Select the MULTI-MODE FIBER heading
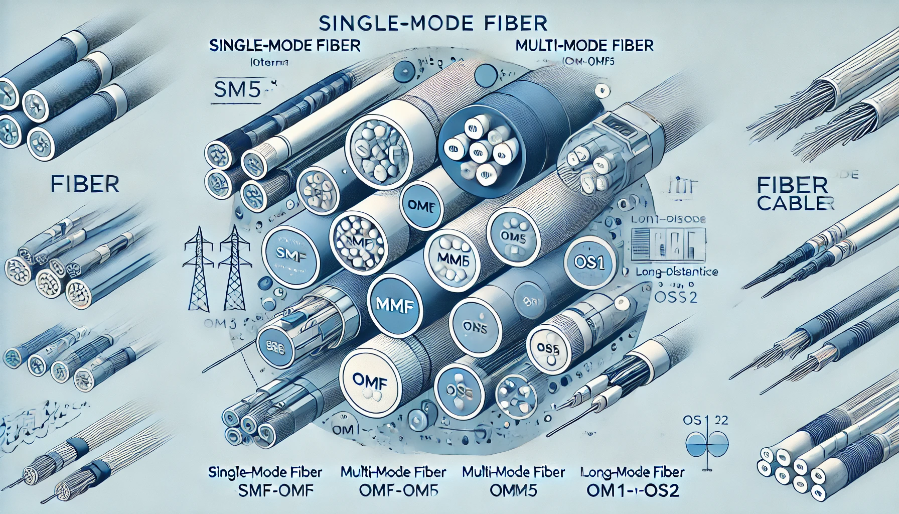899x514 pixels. click(x=584, y=46)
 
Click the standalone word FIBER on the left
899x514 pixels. click(x=85, y=185)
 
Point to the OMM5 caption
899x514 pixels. click(x=513, y=490)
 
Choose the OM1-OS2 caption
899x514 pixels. click(x=633, y=490)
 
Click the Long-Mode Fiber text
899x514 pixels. click(x=633, y=472)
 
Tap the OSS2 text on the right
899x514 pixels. click(x=676, y=297)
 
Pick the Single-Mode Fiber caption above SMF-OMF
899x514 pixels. click(x=265, y=472)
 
